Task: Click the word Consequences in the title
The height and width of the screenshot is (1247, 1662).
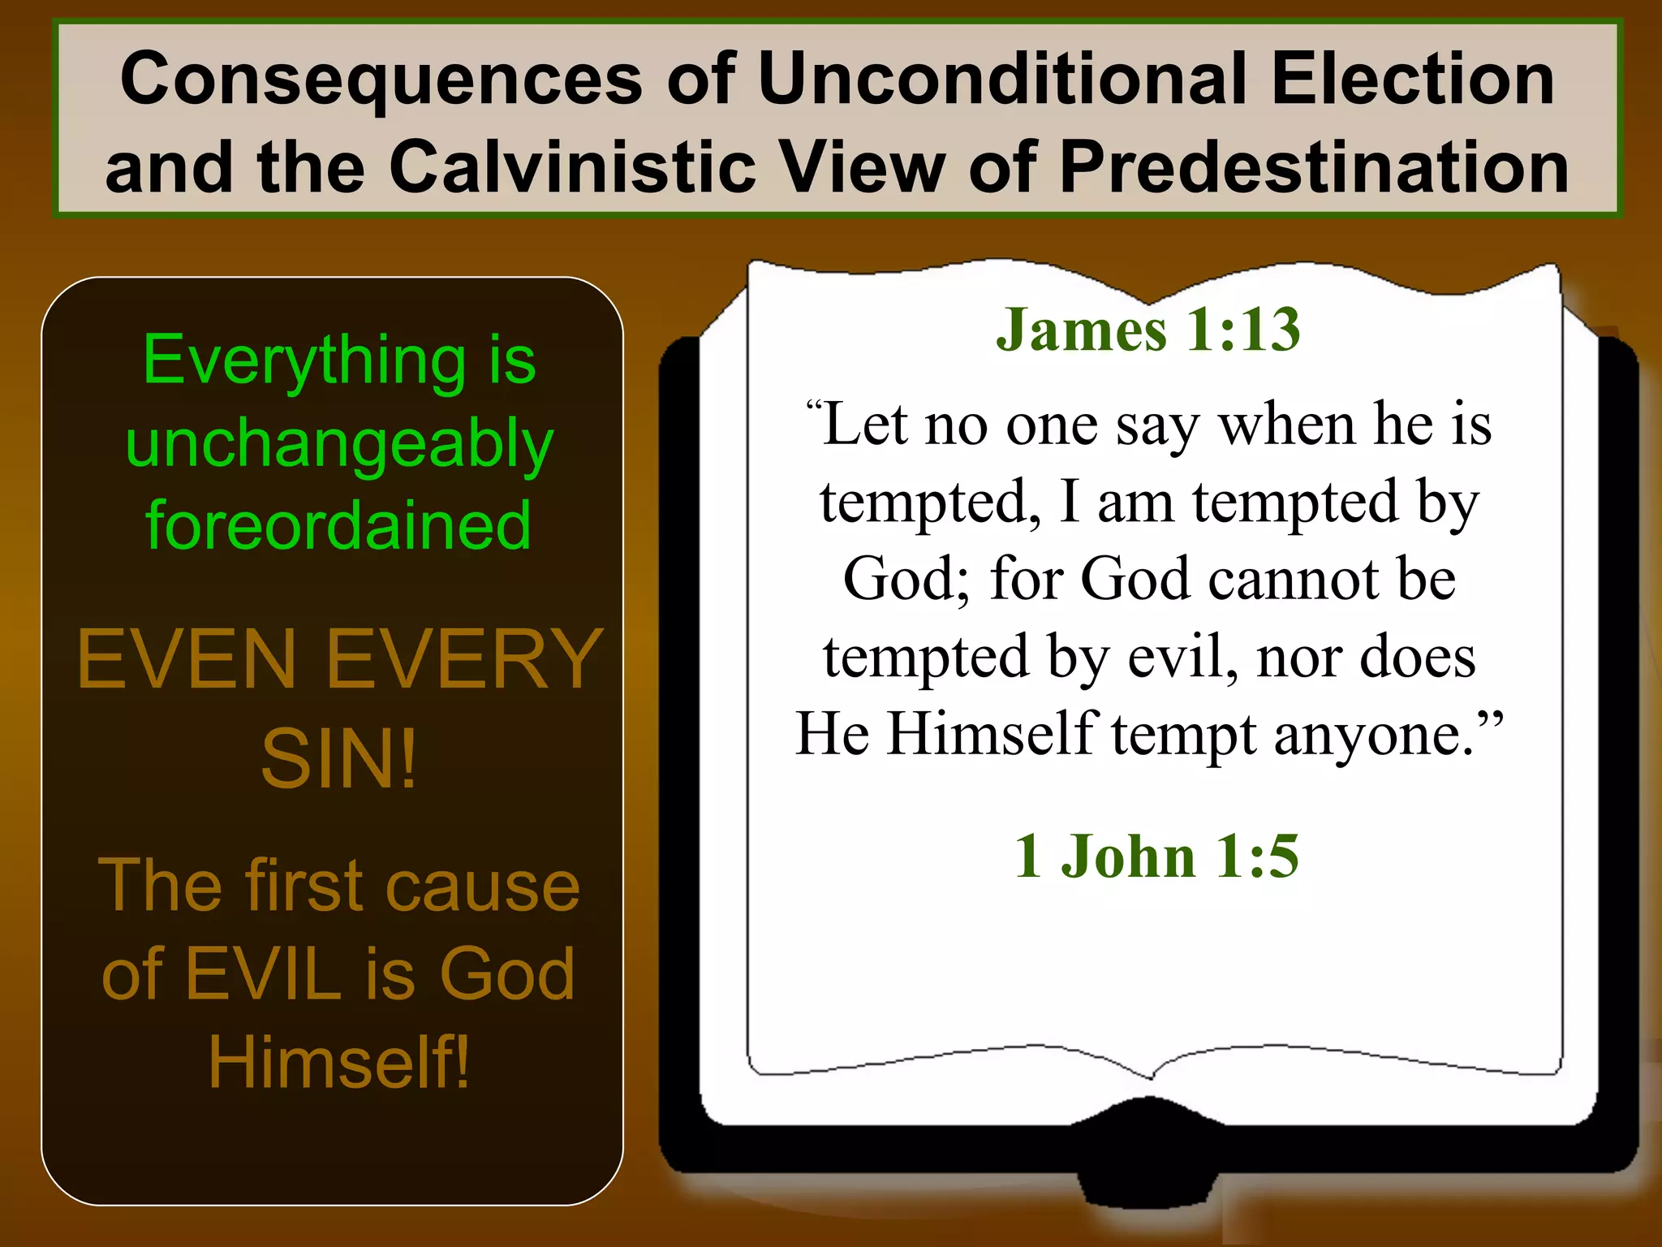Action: (x=381, y=80)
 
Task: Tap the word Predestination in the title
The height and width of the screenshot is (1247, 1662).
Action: (x=1314, y=168)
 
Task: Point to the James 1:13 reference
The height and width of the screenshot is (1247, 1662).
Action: (x=1147, y=330)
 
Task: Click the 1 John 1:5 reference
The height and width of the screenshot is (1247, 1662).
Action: (x=1156, y=857)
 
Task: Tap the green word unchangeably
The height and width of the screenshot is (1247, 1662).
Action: (x=339, y=445)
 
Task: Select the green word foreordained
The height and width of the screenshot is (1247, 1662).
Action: (x=338, y=526)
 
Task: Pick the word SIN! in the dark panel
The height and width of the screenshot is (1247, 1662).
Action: (x=338, y=759)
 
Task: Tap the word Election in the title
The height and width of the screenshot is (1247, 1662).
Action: (x=1413, y=80)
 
